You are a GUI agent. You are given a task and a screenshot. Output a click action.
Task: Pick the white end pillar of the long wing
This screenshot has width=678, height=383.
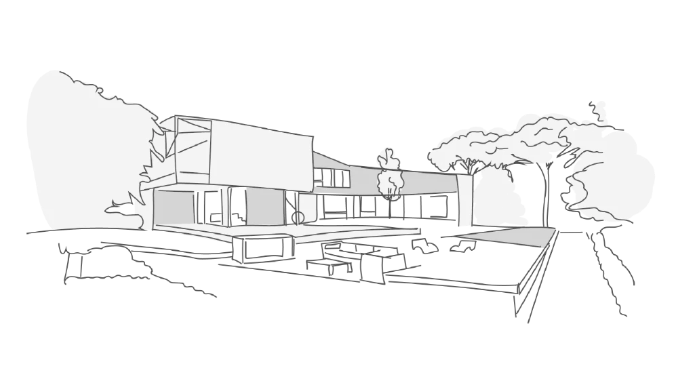464,200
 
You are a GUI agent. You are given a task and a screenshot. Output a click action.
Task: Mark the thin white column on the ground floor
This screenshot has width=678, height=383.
224,207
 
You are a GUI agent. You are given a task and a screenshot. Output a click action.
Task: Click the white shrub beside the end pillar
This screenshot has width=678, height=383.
498,200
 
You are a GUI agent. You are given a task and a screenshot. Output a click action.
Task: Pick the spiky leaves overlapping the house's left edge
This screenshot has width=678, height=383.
153,163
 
